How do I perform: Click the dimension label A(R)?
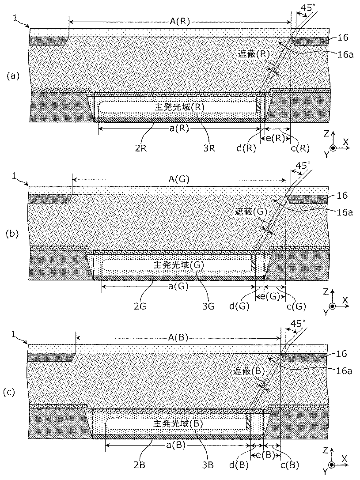click(182, 22)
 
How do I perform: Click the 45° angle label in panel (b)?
click(301, 167)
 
